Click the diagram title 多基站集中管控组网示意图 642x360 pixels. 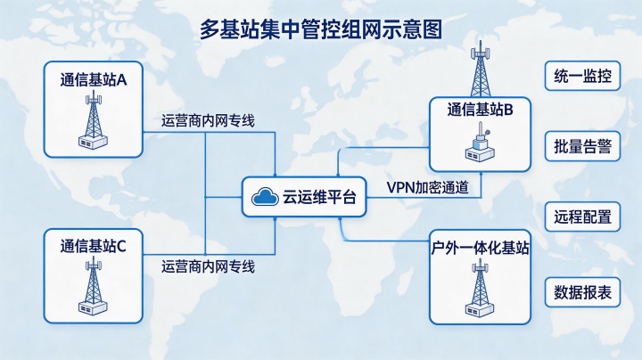click(321, 29)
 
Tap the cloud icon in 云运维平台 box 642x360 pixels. click(265, 197)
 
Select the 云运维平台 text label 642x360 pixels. click(319, 197)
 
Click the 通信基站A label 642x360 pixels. click(94, 80)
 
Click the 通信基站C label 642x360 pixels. click(94, 246)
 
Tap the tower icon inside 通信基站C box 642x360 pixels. click(94, 286)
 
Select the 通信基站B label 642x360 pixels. click(480, 110)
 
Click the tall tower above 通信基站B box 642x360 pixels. click(481, 69)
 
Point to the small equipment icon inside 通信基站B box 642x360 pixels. click(480, 145)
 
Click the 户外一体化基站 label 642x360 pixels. click(480, 248)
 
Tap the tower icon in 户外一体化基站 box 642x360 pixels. click(480, 288)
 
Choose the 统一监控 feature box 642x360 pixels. click(582, 76)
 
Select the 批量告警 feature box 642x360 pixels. click(582, 146)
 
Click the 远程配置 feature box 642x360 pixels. click(582, 217)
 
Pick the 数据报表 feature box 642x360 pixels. click(582, 292)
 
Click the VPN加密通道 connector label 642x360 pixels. click(428, 187)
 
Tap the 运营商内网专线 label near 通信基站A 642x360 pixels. click(208, 120)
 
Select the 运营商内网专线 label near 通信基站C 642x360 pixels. click(208, 266)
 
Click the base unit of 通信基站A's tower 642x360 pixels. click(94, 143)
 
